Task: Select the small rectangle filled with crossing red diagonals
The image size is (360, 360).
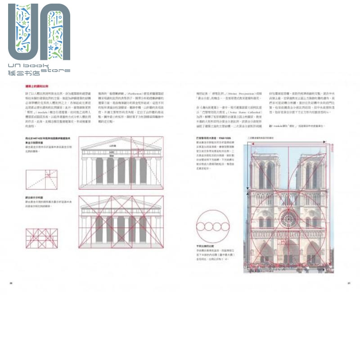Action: [x=42, y=238]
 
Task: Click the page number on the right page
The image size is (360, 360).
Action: [x=348, y=283]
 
